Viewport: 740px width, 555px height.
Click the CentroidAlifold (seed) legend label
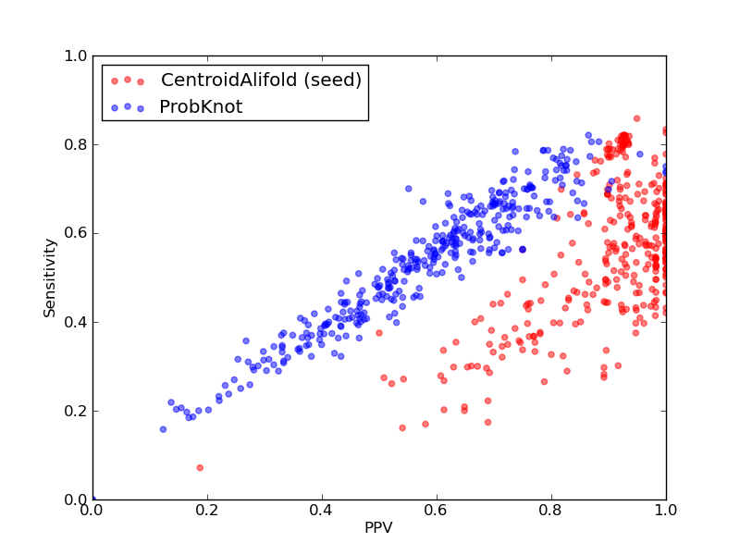pyautogui.click(x=261, y=80)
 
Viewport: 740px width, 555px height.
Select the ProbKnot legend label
pyautogui.click(x=201, y=106)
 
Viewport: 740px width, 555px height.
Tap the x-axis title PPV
pyautogui.click(x=378, y=527)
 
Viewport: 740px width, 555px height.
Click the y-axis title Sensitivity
pyautogui.click(x=50, y=278)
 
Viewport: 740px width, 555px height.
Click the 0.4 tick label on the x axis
pyautogui.click(x=322, y=511)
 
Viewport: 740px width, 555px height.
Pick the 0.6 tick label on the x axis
pyautogui.click(x=437, y=511)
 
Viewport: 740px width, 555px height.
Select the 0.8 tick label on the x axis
pyautogui.click(x=551, y=511)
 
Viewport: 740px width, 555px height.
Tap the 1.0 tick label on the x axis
pyautogui.click(x=666, y=511)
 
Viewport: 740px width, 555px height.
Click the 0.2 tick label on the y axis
pyautogui.click(x=76, y=411)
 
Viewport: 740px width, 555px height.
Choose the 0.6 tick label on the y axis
pyautogui.click(x=76, y=234)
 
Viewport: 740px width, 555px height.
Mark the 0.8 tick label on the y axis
pyautogui.click(x=76, y=144)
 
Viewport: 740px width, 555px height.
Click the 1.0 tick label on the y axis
pyautogui.click(x=76, y=55)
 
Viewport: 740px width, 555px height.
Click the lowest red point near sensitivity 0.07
pyautogui.click(x=200, y=468)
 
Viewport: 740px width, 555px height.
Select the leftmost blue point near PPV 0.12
pyautogui.click(x=164, y=429)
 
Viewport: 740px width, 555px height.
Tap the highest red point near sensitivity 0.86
pyautogui.click(x=636, y=118)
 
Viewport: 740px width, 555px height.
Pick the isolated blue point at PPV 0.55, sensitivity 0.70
pyautogui.click(x=409, y=189)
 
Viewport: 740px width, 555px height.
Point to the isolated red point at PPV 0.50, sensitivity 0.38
pyautogui.click(x=379, y=333)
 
